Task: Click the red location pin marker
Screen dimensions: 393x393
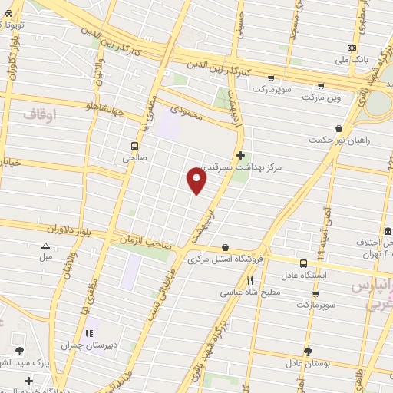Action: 197,180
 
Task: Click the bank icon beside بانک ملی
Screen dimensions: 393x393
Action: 352,48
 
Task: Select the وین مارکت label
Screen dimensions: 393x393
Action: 320,98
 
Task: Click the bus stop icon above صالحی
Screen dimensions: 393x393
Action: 135,146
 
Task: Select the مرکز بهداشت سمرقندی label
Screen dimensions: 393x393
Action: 241,167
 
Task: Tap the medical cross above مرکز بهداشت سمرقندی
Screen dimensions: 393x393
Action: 240,155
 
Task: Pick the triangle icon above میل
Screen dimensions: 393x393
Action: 45,246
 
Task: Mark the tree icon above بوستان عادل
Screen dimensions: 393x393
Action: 309,350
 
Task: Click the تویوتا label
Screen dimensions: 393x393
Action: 14,25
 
